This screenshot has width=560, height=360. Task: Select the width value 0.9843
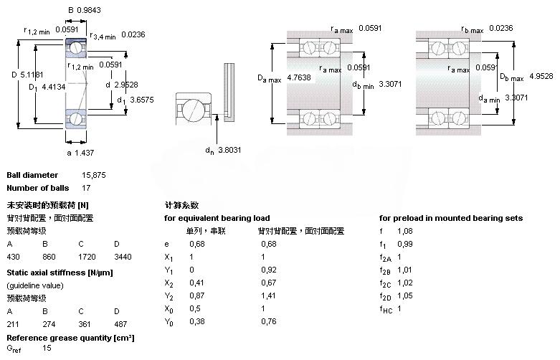pos(90,11)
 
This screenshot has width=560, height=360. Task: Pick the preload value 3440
pos(123,256)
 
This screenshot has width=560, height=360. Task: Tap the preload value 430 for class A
pos(14,256)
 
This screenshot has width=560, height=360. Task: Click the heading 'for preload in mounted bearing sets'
pos(450,218)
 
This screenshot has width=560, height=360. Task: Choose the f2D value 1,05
pos(405,296)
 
